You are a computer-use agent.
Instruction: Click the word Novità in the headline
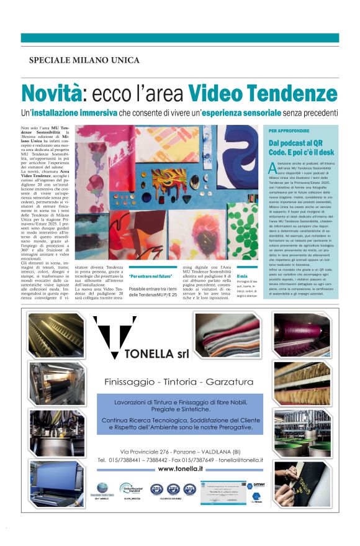pyautogui.click(x=52, y=94)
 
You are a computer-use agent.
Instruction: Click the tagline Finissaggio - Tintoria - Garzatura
pyautogui.click(x=179, y=381)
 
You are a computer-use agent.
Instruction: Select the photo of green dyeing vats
pyautogui.click(x=302, y=429)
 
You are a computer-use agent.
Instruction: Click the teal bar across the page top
pyautogui.click(x=180, y=38)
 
